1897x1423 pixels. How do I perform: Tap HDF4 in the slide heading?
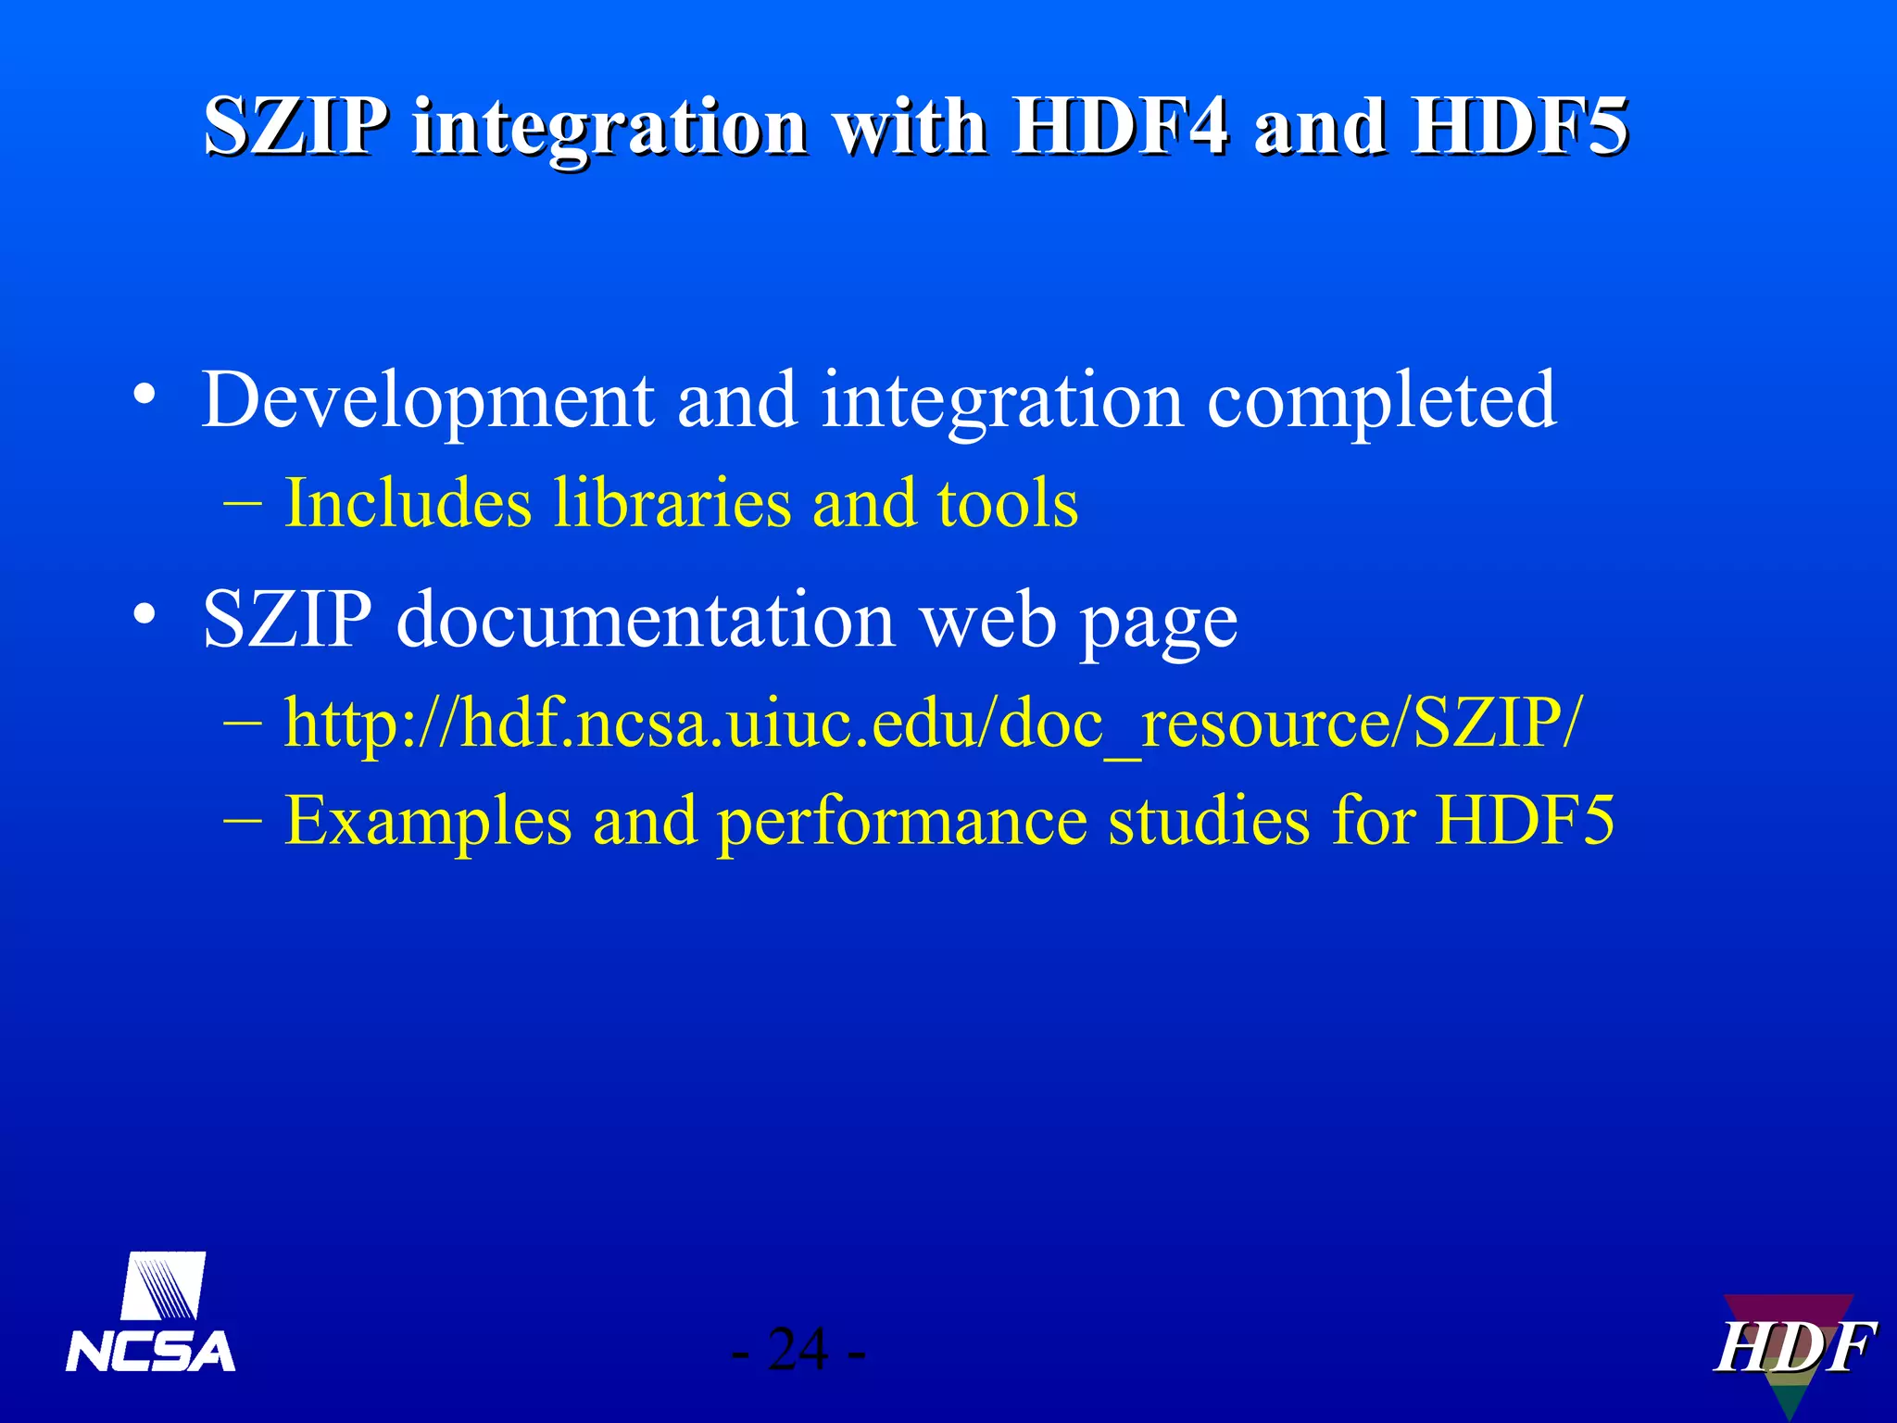(1120, 127)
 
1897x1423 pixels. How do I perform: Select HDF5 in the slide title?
(1519, 127)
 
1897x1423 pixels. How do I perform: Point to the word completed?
(1381, 400)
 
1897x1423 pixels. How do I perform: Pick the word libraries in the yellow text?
(672, 504)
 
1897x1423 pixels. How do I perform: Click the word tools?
(1007, 504)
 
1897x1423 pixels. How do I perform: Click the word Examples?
(428, 822)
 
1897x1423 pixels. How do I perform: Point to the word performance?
(902, 822)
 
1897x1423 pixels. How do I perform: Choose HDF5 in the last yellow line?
(1525, 820)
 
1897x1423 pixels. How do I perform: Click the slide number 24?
(798, 1350)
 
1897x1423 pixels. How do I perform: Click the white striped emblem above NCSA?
(164, 1286)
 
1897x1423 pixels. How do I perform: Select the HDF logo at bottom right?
(1793, 1348)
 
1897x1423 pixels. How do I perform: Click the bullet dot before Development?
(144, 395)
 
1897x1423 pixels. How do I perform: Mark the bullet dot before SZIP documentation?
(144, 613)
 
